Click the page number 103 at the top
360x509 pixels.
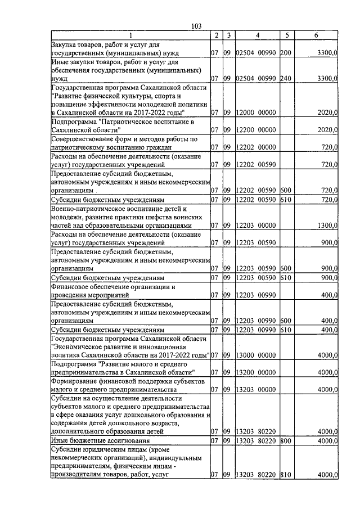point(196,26)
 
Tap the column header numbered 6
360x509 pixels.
point(316,35)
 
